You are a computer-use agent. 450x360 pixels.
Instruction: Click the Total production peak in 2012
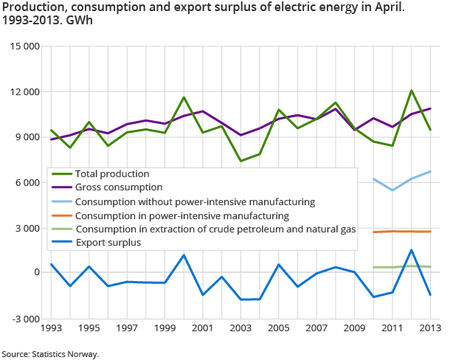(x=412, y=91)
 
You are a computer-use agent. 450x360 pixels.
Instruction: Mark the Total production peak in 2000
(x=184, y=97)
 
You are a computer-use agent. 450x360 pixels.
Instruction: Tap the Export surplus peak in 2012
(x=412, y=250)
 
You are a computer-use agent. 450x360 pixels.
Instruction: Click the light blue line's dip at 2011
(x=392, y=190)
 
